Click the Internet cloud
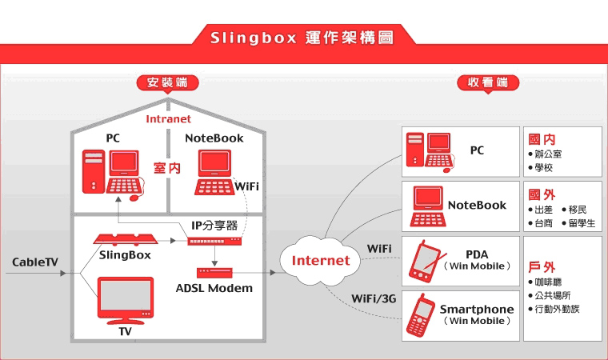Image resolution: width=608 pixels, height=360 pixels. tap(320, 259)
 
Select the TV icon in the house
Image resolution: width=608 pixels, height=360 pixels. tap(125, 300)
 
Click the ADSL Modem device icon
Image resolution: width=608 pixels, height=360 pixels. tap(214, 273)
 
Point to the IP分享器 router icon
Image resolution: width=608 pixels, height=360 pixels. tap(214, 240)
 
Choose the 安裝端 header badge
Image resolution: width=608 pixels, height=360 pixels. tap(167, 82)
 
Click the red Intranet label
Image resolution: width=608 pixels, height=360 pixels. tap(168, 119)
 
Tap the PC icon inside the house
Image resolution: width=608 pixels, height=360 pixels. tap(113, 172)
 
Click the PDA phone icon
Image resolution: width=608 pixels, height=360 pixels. tap(425, 262)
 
